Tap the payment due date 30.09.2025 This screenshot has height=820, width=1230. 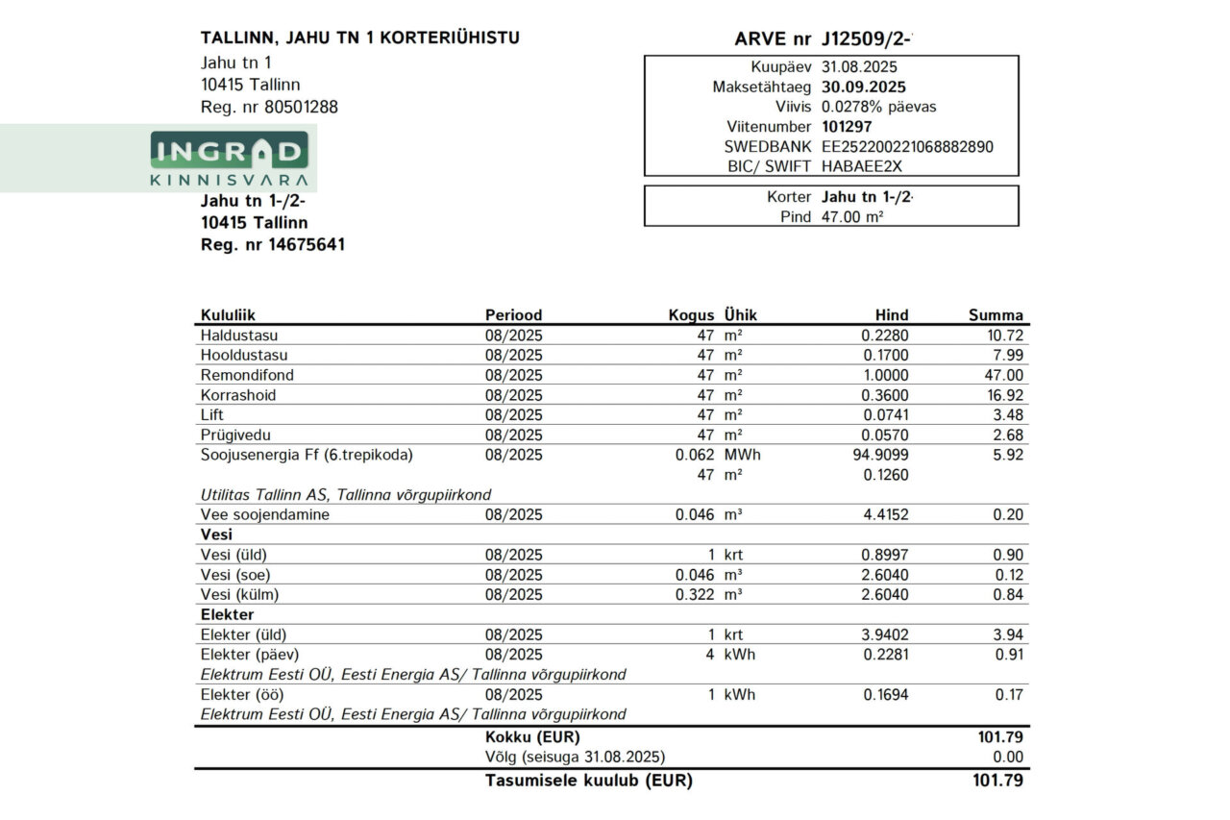tap(864, 87)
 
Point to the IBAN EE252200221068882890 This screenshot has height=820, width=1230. tap(907, 147)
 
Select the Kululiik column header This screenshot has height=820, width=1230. tap(228, 315)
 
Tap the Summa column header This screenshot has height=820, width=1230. tap(996, 315)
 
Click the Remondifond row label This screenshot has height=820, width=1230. tap(247, 375)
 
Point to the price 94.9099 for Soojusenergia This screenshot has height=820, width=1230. tap(880, 455)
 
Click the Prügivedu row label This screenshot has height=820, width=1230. tap(235, 435)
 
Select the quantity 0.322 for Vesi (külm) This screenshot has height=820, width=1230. tap(695, 594)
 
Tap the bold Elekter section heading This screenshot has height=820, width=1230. tap(227, 614)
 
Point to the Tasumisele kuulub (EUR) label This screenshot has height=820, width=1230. tap(589, 780)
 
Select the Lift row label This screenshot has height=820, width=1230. tap(211, 415)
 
